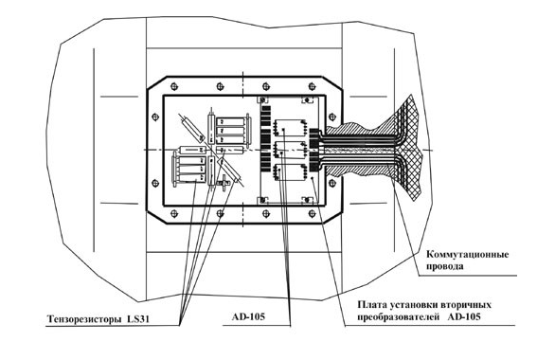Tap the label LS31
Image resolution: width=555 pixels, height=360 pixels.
[x=138, y=319]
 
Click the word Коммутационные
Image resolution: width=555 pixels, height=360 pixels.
[x=467, y=255]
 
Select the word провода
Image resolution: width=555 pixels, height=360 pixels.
[x=444, y=266]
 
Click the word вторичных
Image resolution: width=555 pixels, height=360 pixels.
[x=467, y=305]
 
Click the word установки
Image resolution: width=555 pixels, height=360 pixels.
[x=414, y=305]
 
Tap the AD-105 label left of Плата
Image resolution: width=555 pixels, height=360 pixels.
[x=248, y=316]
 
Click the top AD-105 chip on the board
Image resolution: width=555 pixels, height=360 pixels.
[x=290, y=128]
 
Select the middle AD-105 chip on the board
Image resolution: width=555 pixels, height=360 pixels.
[x=290, y=150]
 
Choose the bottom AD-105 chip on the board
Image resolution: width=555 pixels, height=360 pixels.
[x=290, y=172]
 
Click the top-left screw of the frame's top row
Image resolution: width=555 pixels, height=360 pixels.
[x=173, y=86]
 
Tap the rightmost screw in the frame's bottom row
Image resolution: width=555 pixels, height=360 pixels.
[x=312, y=213]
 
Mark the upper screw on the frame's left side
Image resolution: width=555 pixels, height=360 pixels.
[x=155, y=117]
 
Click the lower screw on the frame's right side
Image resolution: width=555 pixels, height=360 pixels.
[x=332, y=183]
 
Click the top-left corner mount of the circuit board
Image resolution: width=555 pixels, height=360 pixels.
[x=263, y=100]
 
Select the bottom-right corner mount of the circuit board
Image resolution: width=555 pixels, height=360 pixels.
[x=308, y=201]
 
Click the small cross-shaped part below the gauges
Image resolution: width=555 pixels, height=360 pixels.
[x=224, y=183]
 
